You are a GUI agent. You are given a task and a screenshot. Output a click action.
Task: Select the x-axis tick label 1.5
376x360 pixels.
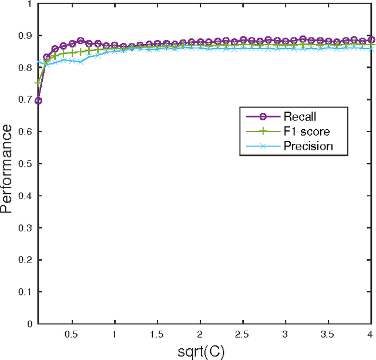[x=157, y=333]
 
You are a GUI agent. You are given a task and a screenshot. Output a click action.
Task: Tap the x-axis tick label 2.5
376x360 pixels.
[x=243, y=333]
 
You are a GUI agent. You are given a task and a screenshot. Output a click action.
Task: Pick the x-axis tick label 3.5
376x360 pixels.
[x=328, y=333]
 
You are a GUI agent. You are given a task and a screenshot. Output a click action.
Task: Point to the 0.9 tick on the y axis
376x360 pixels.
[x=26, y=36]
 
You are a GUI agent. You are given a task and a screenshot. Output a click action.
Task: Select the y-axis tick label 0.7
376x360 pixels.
[x=26, y=100]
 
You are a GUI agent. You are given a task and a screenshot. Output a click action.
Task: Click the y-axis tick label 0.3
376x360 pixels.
[x=26, y=228]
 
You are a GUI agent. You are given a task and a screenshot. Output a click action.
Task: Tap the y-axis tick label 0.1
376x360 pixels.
[x=26, y=292]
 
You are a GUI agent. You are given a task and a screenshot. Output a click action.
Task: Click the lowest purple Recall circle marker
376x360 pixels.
[x=38, y=101]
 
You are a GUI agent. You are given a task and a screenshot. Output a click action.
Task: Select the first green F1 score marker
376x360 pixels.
[x=38, y=83]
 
